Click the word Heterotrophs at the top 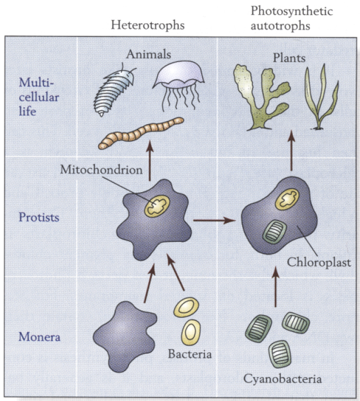pyautogui.click(x=148, y=25)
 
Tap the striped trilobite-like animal pyautogui.click(x=115, y=91)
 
